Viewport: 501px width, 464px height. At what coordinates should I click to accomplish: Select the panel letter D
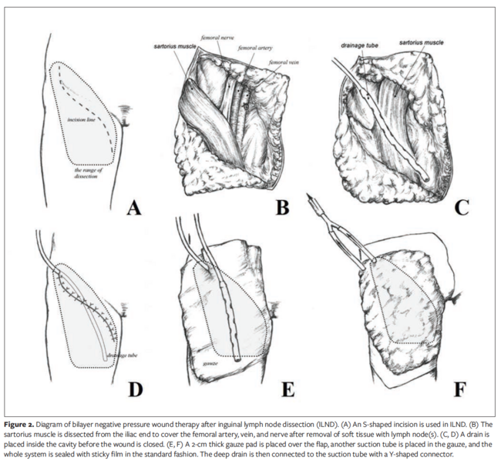coord(135,389)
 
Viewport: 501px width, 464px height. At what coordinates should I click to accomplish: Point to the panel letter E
coord(287,389)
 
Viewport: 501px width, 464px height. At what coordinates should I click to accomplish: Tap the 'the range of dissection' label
coord(80,172)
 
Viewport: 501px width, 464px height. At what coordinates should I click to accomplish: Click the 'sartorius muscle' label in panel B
coord(176,46)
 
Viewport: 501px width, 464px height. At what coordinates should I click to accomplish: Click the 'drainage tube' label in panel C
coord(357,45)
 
